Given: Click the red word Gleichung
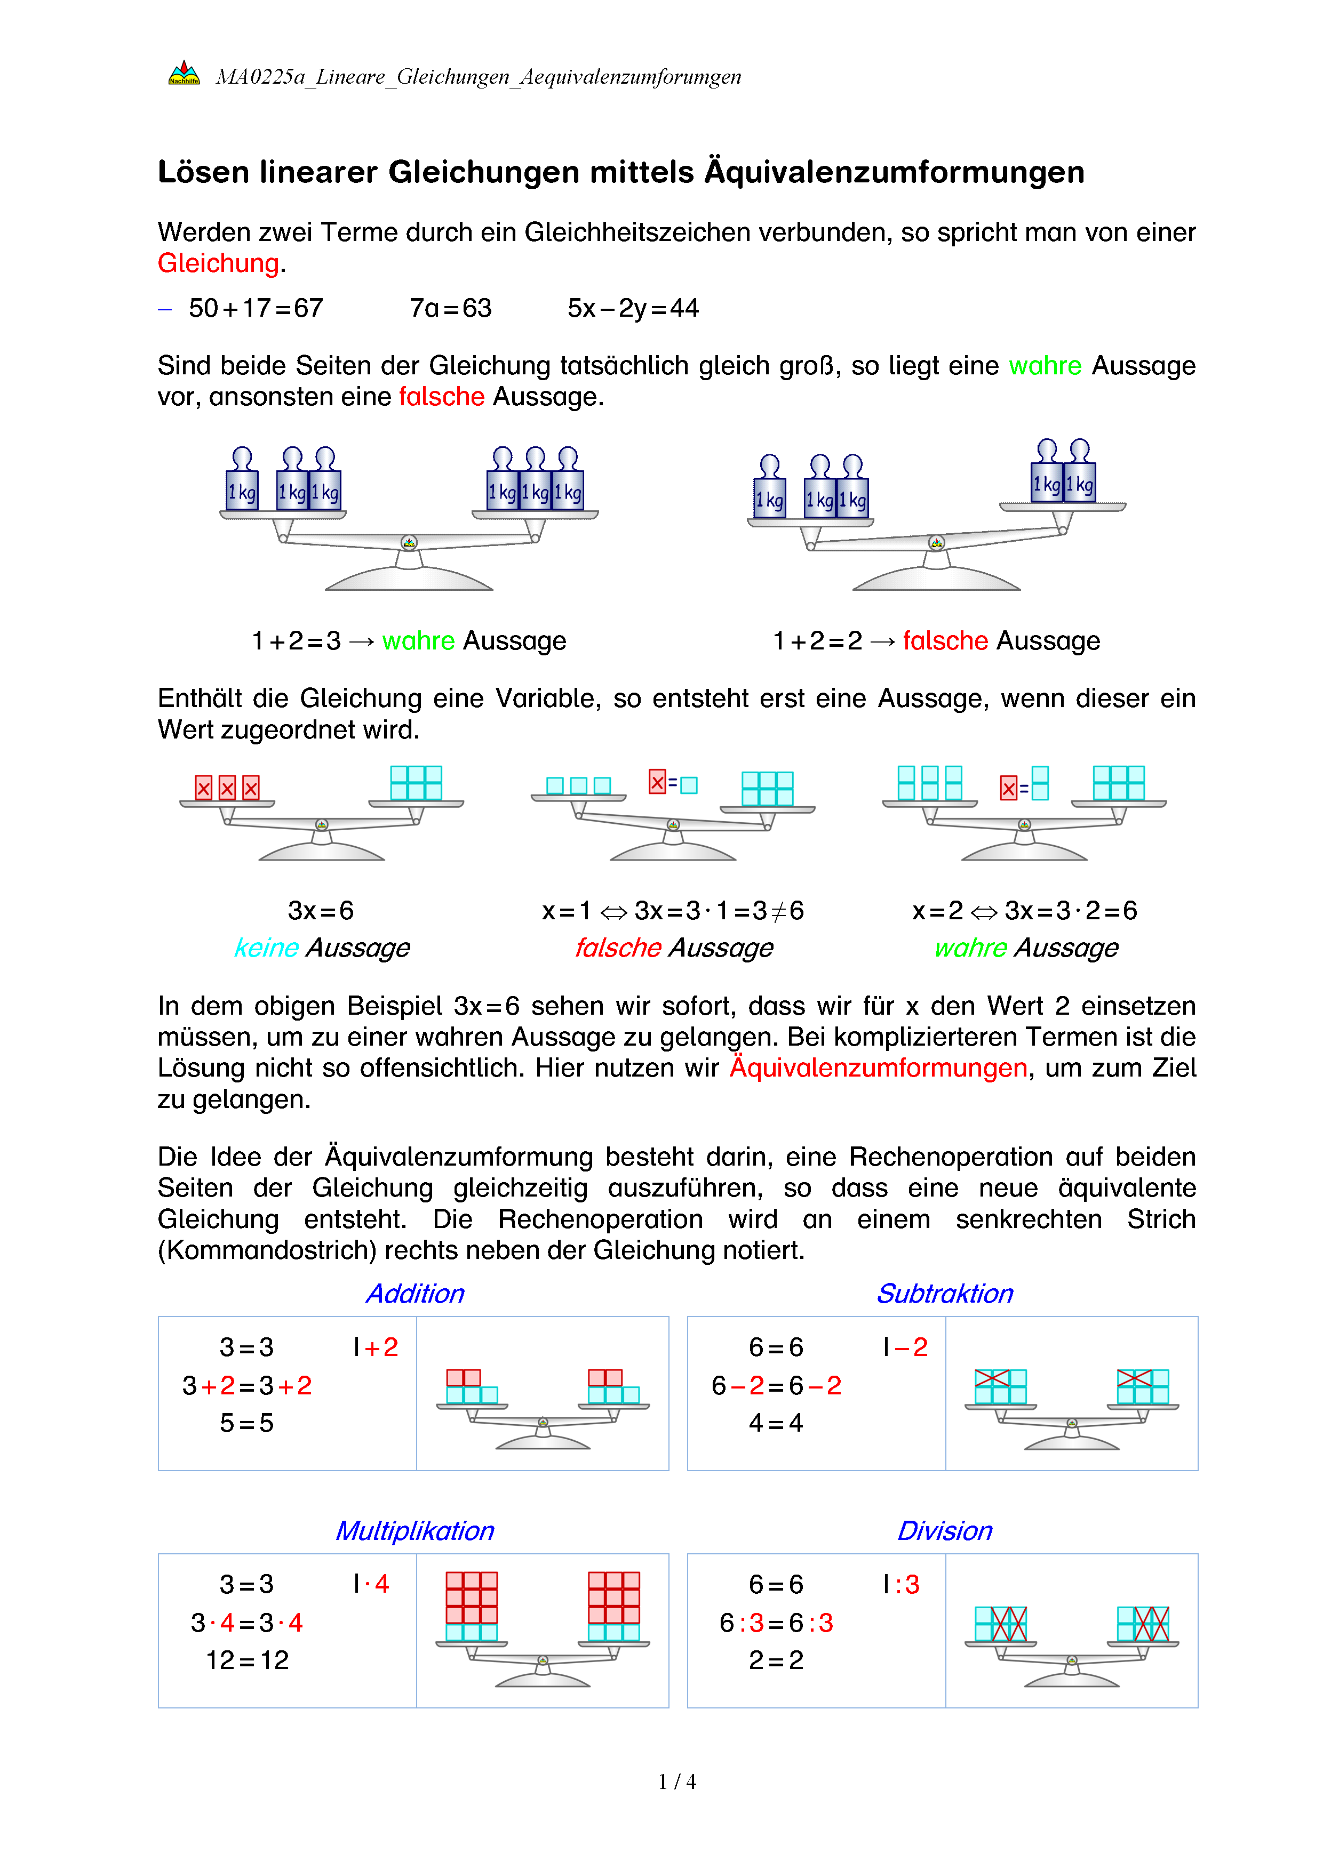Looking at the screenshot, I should [218, 263].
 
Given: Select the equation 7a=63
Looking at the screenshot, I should [450, 308].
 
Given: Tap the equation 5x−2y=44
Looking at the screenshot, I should [633, 308].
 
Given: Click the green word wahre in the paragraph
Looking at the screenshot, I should [1045, 366].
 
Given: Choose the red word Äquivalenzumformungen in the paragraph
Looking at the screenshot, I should [878, 1068].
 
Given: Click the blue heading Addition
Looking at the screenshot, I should [415, 1294].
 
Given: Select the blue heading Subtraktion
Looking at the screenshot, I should [944, 1294].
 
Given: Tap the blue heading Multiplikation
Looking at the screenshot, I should [415, 1530].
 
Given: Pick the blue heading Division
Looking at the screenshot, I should [944, 1530].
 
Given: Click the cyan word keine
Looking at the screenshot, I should [266, 947].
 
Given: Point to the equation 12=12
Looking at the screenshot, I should [247, 1660].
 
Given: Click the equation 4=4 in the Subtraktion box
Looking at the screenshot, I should [776, 1423].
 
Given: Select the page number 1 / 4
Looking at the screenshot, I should [677, 1781].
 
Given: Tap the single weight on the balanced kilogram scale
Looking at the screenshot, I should [242, 480].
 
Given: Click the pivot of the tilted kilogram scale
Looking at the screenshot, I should [937, 542].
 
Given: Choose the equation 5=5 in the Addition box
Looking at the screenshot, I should [246, 1423].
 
